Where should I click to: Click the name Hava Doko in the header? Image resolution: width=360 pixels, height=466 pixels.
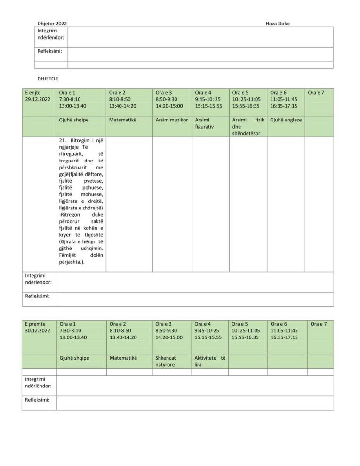(x=278, y=24)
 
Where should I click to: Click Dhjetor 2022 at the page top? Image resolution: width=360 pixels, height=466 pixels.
(x=52, y=24)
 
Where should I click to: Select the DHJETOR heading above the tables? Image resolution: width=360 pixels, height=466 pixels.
(x=48, y=78)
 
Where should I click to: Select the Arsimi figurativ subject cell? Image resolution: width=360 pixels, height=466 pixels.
(x=204, y=123)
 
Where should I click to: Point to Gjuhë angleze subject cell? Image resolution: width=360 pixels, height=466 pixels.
(x=286, y=120)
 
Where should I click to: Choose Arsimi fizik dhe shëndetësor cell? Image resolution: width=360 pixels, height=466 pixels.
(x=247, y=127)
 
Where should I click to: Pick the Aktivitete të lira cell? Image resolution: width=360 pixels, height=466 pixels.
(x=210, y=361)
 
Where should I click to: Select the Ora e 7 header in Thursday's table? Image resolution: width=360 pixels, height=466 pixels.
(x=317, y=93)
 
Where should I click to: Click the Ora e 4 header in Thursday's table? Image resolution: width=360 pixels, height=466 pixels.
(x=203, y=93)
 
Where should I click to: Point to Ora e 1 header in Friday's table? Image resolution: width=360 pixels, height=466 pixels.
(x=68, y=324)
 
